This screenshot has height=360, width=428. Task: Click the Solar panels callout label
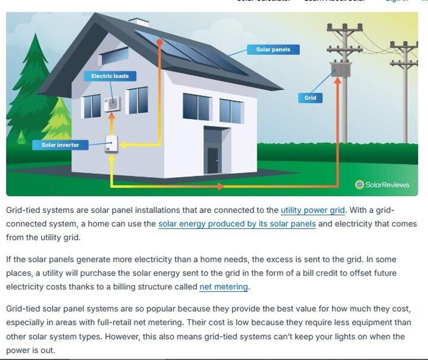[x=273, y=50]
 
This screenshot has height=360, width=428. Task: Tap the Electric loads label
[x=110, y=76]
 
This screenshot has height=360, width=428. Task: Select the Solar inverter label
[x=60, y=145]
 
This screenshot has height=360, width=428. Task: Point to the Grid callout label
[x=310, y=98]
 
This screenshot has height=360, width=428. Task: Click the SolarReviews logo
[x=382, y=184]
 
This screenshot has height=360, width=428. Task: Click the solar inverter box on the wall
[x=111, y=145]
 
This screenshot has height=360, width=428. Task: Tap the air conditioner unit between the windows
[x=112, y=104]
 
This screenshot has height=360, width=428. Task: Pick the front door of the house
[x=213, y=160]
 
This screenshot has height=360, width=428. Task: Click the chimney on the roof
[x=139, y=22]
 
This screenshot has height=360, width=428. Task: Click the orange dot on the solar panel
[x=159, y=42]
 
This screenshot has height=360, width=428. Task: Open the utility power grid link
[x=313, y=210]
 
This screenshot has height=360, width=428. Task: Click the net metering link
[x=224, y=287]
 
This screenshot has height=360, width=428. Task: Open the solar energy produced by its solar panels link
[x=237, y=223]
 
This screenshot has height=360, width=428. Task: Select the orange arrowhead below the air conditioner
[x=112, y=117]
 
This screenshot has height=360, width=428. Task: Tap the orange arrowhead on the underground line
[x=220, y=186]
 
